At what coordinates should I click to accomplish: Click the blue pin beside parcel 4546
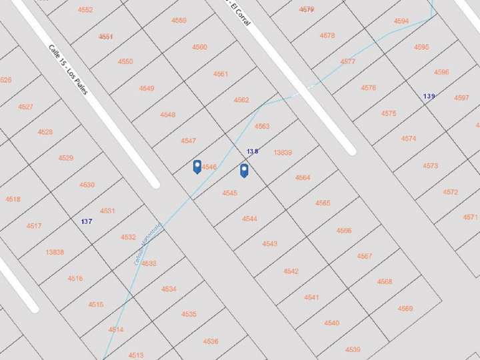pos(197,167)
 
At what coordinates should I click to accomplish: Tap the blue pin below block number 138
pos(245,171)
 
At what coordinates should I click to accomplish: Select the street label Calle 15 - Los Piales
pos(68,69)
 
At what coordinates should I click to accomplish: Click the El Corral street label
pos(239,13)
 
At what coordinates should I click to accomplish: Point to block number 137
pos(87,221)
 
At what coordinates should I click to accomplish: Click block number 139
pos(429,97)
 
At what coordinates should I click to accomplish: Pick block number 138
pos(252,152)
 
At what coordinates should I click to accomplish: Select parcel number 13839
pos(283,153)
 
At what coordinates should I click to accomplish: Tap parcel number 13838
pos(55,252)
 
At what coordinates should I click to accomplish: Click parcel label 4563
pos(262,126)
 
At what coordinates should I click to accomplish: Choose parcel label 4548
pos(168,115)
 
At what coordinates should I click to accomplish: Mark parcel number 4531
pos(107,211)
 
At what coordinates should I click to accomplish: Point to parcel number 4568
pos(385,282)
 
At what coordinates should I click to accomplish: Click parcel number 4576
pos(369,88)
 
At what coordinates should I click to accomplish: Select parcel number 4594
pos(401,21)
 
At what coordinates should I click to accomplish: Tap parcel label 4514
pos(116,330)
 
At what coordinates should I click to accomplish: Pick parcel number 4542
pos(291,271)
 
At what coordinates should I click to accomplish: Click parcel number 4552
pos(85,10)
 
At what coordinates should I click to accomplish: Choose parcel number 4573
pos(431,166)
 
